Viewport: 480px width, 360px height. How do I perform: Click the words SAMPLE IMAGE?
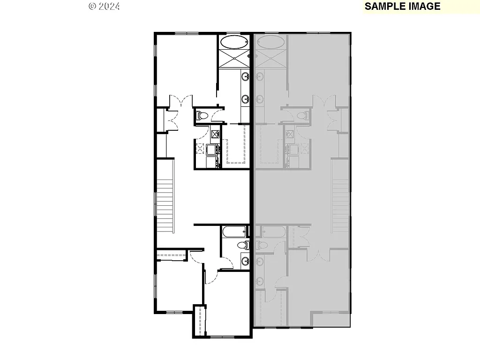402,7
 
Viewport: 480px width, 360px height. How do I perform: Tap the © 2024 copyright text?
104,7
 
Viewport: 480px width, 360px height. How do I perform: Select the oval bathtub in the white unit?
234,43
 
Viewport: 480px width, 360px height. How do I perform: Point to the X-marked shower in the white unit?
234,59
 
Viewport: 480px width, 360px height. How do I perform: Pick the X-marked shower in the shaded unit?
270,59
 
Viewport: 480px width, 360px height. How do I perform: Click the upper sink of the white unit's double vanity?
245,76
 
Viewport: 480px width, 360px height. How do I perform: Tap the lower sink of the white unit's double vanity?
245,99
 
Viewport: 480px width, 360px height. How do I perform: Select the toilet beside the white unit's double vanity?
202,115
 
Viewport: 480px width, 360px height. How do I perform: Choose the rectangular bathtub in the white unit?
234,231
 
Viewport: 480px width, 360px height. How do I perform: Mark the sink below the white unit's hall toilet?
245,261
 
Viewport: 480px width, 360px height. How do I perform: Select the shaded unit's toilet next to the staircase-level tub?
261,244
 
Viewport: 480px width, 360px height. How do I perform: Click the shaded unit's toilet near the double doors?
303,115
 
